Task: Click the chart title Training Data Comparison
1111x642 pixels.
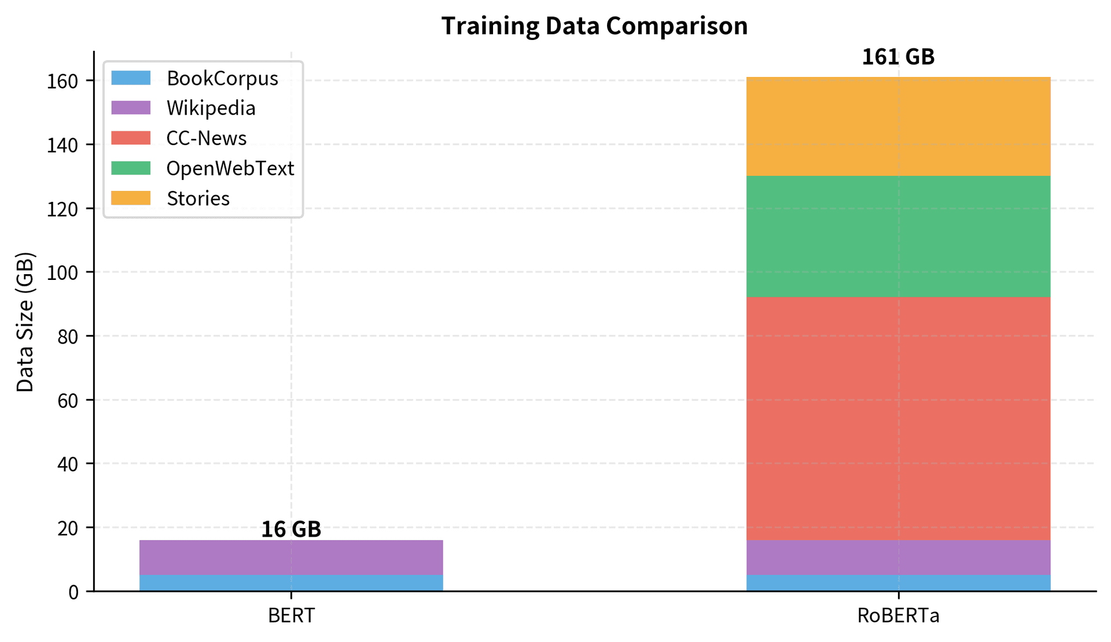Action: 594,26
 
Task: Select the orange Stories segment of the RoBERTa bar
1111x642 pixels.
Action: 898,126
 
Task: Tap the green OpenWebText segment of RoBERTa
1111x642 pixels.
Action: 898,236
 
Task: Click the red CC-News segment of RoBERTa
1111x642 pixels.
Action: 898,418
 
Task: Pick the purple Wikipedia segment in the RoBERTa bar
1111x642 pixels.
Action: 898,558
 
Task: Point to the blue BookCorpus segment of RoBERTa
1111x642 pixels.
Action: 898,583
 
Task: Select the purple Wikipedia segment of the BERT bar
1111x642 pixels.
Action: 291,558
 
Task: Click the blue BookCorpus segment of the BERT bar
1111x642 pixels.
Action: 291,583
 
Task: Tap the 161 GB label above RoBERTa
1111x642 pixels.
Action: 898,57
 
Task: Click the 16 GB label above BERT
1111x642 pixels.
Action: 291,529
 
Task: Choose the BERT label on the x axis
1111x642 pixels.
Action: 291,616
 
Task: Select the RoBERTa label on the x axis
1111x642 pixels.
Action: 898,616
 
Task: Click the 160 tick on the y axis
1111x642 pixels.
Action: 62,81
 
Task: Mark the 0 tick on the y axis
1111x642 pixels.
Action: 73,592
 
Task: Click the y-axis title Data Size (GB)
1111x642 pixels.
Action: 25,322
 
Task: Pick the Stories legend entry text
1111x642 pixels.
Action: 198,198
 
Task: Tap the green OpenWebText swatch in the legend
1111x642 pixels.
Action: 131,168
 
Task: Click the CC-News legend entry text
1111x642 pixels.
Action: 206,138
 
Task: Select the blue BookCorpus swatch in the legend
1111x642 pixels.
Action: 131,78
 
